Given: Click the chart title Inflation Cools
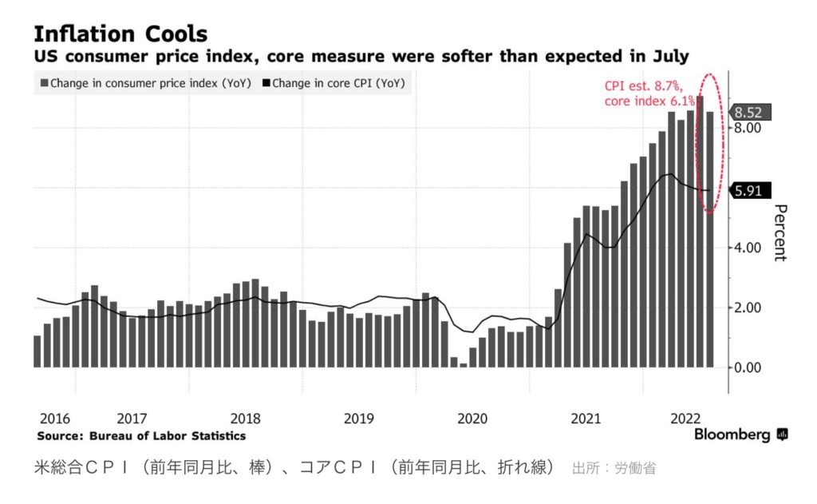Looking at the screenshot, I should pos(120,34).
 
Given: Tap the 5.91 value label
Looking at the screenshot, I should pos(748,190).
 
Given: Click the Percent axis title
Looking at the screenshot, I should pos(780,232).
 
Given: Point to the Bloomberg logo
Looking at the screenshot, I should pos(741,435).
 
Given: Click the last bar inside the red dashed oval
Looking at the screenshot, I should pos(709,240).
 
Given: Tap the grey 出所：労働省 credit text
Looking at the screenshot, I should pos(614,468).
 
